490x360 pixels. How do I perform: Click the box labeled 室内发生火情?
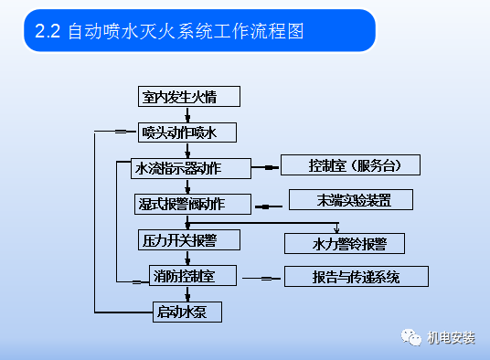click(x=178, y=96)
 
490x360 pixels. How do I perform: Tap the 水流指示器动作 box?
click(x=179, y=168)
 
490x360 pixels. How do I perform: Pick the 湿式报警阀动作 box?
click(x=180, y=203)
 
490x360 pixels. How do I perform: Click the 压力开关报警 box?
click(x=179, y=240)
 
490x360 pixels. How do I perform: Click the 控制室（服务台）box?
click(x=351, y=165)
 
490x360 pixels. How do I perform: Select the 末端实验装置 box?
click(x=352, y=199)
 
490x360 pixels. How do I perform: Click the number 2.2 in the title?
click(x=47, y=31)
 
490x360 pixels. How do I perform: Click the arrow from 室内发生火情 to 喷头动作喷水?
click(x=187, y=114)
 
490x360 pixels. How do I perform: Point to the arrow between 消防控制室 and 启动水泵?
click(x=187, y=293)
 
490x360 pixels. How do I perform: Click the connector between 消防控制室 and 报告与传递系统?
click(x=263, y=277)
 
